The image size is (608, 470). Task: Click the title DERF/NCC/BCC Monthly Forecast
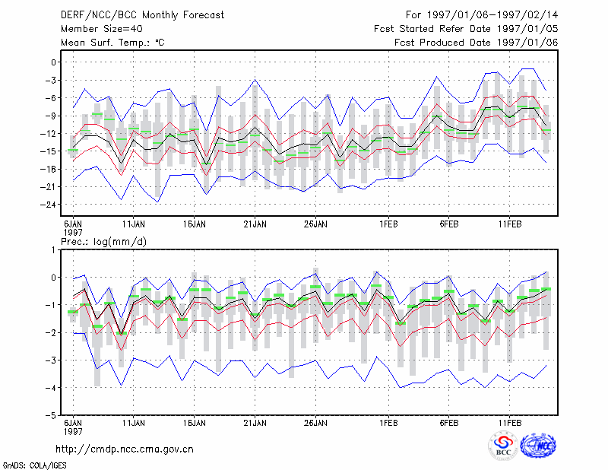[142, 15]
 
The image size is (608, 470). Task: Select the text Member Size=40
[102, 29]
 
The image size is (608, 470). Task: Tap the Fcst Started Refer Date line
[466, 29]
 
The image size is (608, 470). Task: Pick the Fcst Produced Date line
[477, 43]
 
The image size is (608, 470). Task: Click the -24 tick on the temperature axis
[48, 205]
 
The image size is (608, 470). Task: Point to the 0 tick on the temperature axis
[53, 62]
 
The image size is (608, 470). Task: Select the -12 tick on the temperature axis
[48, 134]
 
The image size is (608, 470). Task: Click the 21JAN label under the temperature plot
[255, 224]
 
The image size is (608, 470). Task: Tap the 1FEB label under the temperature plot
[388, 224]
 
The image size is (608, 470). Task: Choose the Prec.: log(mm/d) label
[103, 242]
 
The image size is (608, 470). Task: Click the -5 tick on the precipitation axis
[51, 415]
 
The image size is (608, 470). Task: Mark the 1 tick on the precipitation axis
[53, 250]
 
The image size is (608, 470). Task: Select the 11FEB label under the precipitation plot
[510, 423]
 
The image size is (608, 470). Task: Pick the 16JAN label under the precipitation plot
[195, 423]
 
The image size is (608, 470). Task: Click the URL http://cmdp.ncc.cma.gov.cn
[125, 449]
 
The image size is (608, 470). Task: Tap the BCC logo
[503, 446]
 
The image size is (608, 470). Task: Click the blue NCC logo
[538, 446]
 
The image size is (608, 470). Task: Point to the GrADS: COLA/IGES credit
[34, 465]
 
